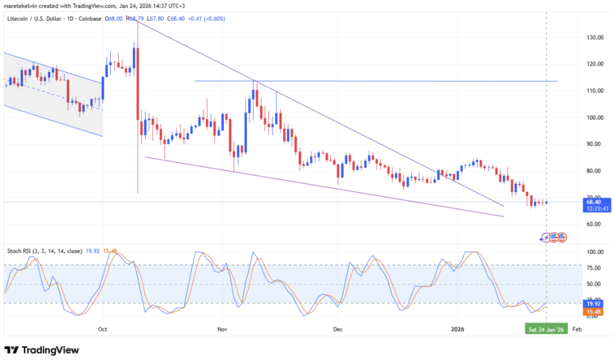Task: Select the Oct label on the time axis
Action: (102, 329)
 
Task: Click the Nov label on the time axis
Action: (223, 329)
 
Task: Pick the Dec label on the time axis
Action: (338, 329)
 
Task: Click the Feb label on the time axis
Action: (576, 329)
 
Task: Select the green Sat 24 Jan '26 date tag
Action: (545, 329)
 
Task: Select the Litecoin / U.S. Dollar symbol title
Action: (37, 19)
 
